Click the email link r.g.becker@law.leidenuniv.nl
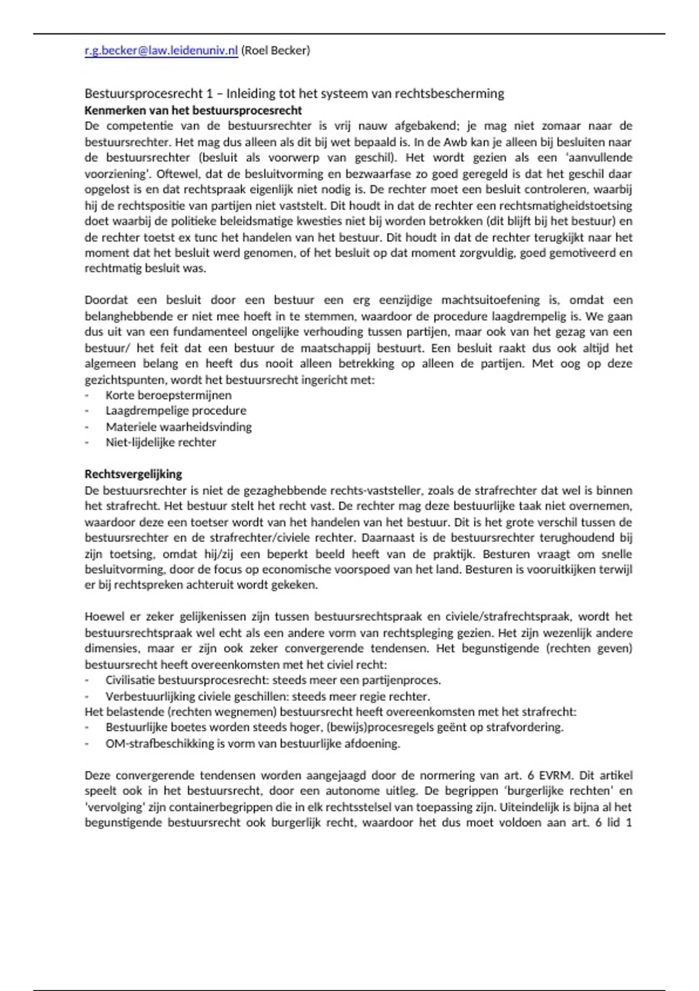pos(161,51)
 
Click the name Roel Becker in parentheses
pos(276,51)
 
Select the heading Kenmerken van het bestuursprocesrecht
pos(193,110)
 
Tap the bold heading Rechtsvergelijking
pos(133,474)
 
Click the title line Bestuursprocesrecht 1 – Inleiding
pos(294,93)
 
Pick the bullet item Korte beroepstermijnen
pos(168,395)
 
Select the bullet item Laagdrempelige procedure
pos(176,410)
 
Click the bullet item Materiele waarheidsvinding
pos(179,427)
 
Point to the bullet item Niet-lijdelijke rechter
pos(161,442)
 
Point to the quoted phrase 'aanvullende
pos(599,157)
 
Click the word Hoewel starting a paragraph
pos(104,617)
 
